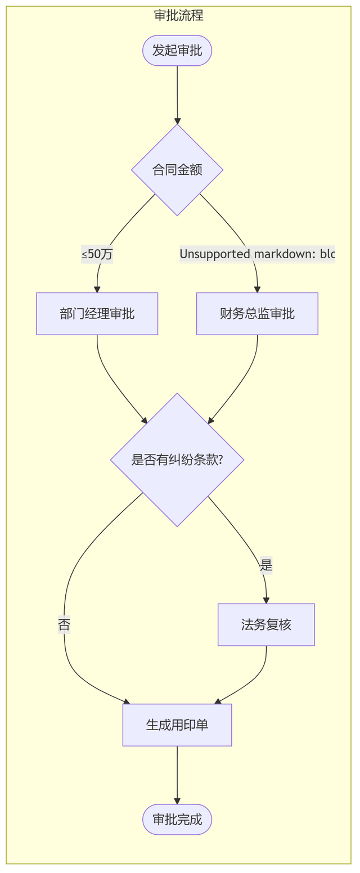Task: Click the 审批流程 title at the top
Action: click(179, 15)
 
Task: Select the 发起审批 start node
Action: click(177, 51)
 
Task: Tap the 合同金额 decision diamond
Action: click(177, 170)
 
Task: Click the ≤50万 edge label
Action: click(97, 254)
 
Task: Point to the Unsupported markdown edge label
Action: click(257, 254)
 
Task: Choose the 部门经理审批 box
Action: click(97, 314)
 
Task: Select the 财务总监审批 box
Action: click(257, 314)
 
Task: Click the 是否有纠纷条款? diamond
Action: click(177, 460)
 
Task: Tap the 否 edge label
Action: click(64, 624)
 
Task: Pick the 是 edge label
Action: click(266, 565)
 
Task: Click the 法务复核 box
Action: click(266, 625)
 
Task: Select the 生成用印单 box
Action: click(177, 725)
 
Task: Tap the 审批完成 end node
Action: click(177, 820)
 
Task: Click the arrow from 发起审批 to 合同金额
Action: click(177, 95)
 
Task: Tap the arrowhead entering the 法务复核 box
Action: click(266, 600)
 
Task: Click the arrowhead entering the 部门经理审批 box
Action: click(97, 289)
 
